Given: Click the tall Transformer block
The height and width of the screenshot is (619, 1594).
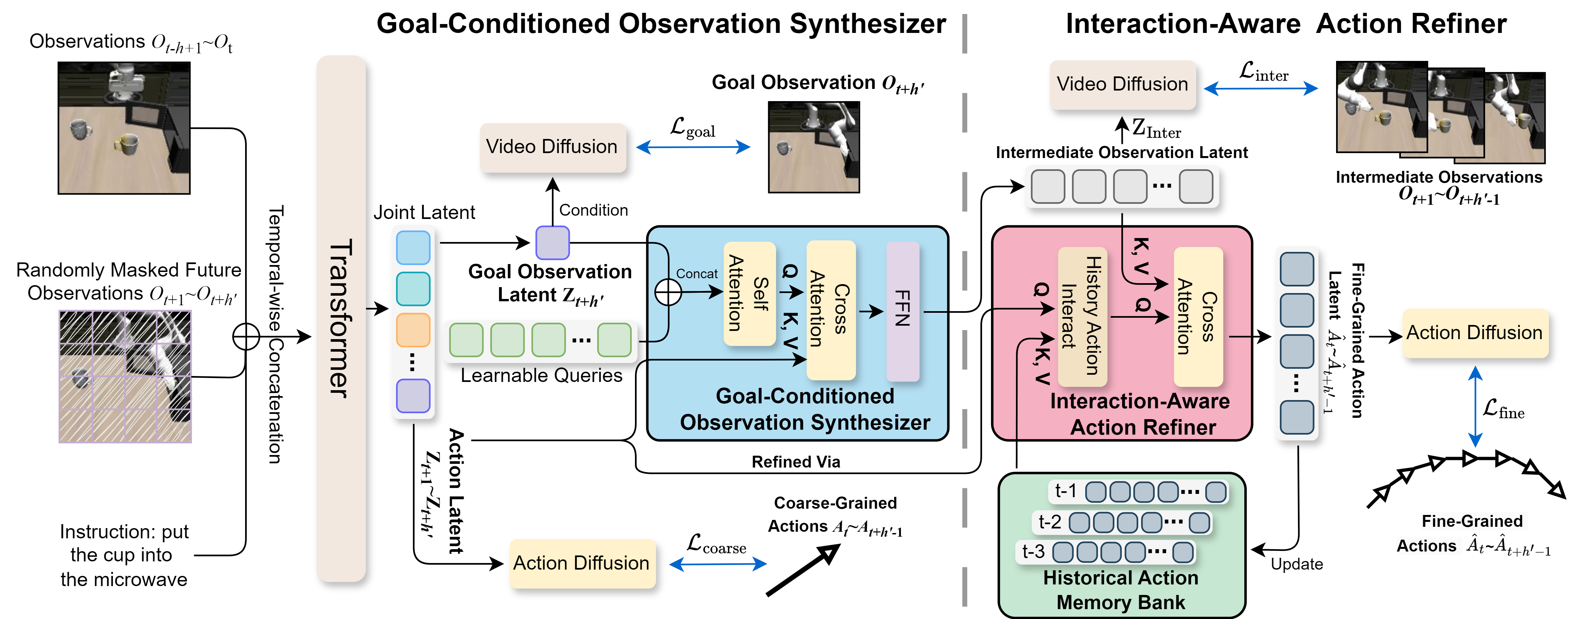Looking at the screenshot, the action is tap(341, 319).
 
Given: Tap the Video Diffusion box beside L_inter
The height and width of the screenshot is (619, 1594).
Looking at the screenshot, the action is tap(1123, 84).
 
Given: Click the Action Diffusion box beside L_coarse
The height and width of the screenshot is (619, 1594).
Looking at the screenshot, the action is tap(582, 563).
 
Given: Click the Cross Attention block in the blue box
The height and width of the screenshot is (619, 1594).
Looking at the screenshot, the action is tap(831, 309).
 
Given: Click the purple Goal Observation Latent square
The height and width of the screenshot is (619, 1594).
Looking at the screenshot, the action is tap(552, 243).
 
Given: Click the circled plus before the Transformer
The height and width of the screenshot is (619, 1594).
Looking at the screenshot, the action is tap(246, 337).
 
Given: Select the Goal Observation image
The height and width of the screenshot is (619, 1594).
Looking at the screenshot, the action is tap(814, 147).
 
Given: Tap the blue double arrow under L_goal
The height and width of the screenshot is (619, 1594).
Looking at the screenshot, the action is tap(693, 147).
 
